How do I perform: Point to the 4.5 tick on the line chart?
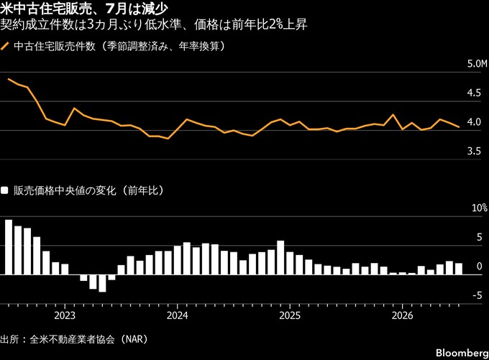(474, 93)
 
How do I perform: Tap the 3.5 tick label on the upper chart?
(474, 151)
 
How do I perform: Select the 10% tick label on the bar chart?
(480, 208)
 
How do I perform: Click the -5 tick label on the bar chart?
(477, 295)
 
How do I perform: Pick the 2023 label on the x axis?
(65, 315)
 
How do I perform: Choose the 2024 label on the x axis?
(178, 315)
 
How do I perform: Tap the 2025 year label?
(290, 315)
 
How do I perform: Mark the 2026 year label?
(402, 315)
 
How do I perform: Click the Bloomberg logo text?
(462, 353)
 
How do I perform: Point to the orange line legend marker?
(5, 47)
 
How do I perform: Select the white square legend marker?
(4, 190)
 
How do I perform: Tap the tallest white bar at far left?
(9, 247)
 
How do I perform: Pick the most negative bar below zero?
(102, 283)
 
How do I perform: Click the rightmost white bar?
(459, 269)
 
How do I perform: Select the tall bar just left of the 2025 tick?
(280, 258)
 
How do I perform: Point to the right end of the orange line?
(459, 127)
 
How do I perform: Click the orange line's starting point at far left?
(9, 79)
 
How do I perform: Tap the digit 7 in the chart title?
(110, 9)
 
